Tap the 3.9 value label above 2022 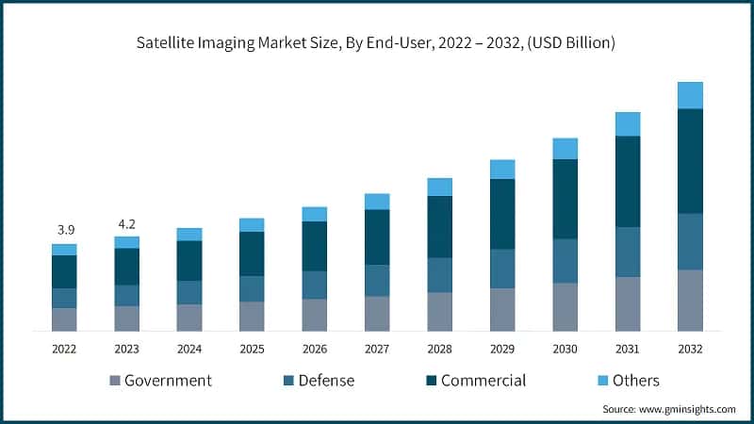pyautogui.click(x=64, y=230)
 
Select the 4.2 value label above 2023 pyautogui.click(x=126, y=223)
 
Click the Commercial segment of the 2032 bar pyautogui.click(x=690, y=161)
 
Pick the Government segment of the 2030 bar pyautogui.click(x=565, y=307)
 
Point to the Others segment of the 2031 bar pyautogui.click(x=628, y=123)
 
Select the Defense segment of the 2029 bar pyautogui.click(x=502, y=269)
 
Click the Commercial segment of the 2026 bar pyautogui.click(x=315, y=246)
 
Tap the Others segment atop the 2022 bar pyautogui.click(x=64, y=249)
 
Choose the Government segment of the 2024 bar pyautogui.click(x=189, y=318)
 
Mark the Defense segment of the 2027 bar pyautogui.click(x=377, y=280)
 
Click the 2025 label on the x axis pyautogui.click(x=252, y=348)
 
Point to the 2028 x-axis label pyautogui.click(x=439, y=348)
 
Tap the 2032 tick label pyautogui.click(x=690, y=348)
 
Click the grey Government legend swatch pyautogui.click(x=116, y=381)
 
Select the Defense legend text pyautogui.click(x=326, y=381)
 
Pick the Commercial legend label pyautogui.click(x=484, y=381)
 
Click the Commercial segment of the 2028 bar pyautogui.click(x=439, y=226)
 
